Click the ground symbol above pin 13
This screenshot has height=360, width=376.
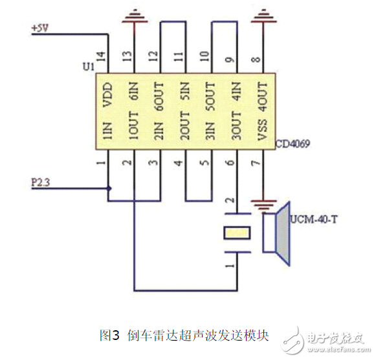(x=135, y=15)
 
